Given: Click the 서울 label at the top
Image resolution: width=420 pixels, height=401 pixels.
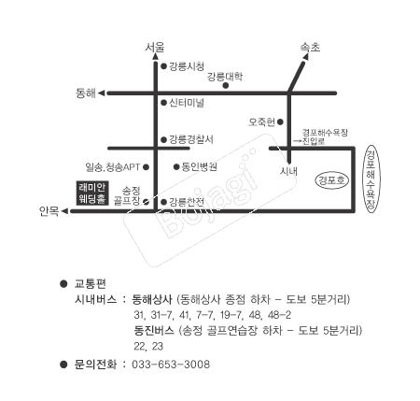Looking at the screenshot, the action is pos(155,47).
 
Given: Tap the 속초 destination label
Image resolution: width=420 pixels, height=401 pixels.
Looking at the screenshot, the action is pos(310,47).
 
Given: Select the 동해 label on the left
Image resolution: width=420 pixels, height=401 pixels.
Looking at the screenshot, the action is pos(86,93).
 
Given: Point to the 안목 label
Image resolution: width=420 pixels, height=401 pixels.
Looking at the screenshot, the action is pos(49,211).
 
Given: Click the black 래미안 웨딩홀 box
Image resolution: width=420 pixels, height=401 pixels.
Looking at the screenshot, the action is pos(92,193).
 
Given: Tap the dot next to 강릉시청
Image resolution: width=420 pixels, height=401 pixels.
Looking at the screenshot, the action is pos(163,66).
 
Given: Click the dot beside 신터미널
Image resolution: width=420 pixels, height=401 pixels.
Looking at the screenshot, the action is pos(163,103).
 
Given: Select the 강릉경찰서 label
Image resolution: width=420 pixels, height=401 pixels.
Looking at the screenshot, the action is pos(191,139).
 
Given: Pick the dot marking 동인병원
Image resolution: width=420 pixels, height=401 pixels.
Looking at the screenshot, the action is pos(176,167).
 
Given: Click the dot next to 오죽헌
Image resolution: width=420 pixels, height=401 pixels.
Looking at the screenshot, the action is pos(280,122).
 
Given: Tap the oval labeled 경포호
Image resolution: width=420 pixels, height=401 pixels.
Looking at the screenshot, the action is pos(332,180).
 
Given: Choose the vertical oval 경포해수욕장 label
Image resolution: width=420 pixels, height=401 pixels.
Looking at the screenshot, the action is pos(371,179).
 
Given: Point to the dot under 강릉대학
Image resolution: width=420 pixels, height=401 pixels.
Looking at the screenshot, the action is pos(226,85).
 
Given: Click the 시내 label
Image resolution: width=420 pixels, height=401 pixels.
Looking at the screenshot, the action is pos(288,171).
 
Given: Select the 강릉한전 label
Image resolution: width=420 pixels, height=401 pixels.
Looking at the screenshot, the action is pos(187,202).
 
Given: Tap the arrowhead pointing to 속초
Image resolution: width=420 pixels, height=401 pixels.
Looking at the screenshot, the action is pos(305,57).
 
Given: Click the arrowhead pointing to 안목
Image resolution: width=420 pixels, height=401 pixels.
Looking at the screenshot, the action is pos(64,211).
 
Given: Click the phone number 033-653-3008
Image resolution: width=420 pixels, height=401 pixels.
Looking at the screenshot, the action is pos(171,364).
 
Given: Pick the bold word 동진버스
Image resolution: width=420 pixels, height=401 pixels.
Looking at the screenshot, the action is pos(154,330).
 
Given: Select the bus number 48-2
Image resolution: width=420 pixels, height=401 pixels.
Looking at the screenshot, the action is pos(279,315).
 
